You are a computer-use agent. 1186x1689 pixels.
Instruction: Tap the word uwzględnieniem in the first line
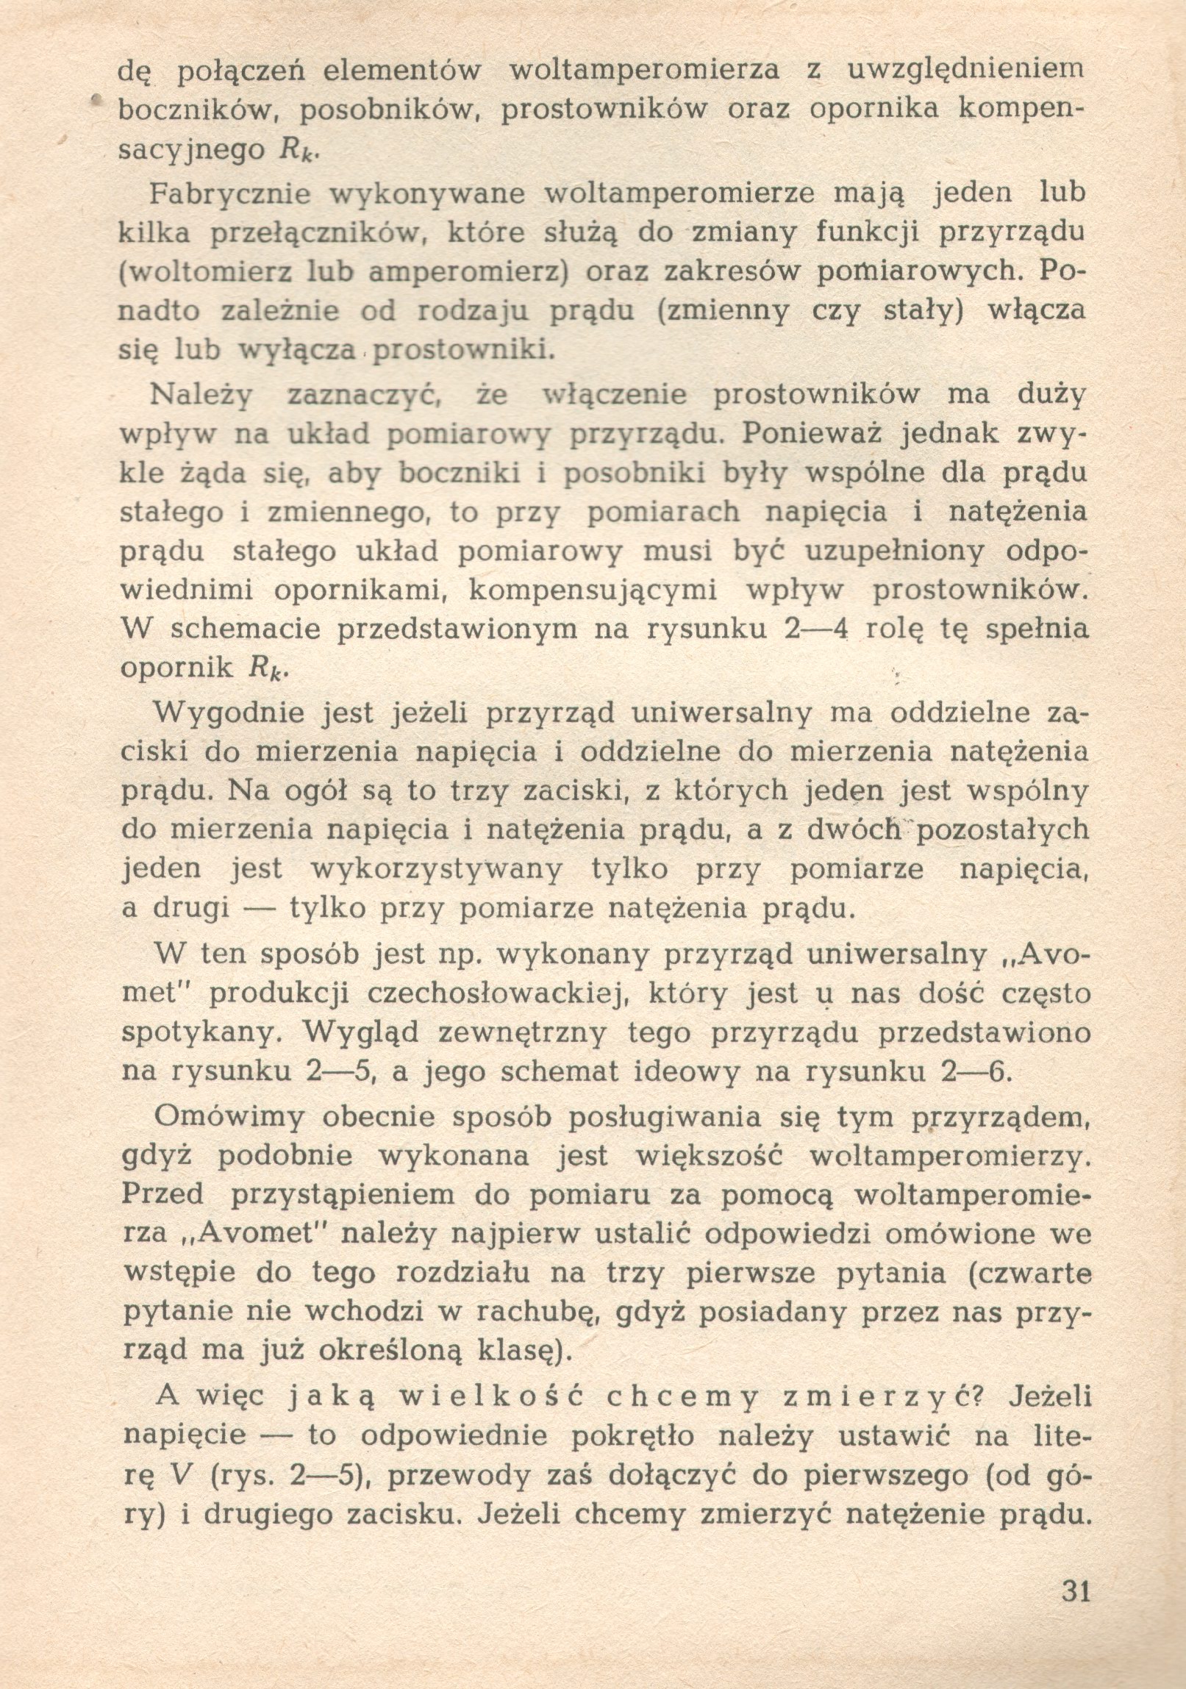967,70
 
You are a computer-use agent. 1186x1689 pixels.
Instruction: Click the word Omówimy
229,1117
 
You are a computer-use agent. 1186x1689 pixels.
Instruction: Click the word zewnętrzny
522,1034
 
